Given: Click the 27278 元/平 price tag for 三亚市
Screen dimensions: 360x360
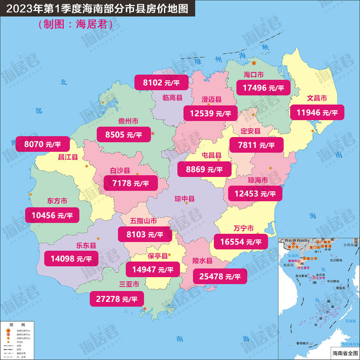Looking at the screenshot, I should tap(116, 299).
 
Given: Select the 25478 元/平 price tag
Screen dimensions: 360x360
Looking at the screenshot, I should tap(220, 276).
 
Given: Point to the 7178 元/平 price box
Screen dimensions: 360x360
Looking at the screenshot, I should tap(131, 183).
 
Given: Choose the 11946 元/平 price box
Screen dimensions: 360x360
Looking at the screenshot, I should tap(317, 113).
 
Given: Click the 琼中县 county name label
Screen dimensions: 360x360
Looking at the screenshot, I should tap(184, 199).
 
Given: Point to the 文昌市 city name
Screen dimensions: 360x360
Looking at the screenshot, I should tap(317, 98).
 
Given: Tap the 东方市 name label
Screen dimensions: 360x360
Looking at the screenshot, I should tap(57, 201).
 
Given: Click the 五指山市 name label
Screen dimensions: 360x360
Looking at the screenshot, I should tap(144, 221).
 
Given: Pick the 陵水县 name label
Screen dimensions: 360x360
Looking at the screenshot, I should tap(203, 261).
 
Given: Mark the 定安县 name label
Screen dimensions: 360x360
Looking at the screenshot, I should tap(251, 131).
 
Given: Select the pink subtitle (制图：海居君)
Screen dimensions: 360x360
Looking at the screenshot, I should tap(75, 24).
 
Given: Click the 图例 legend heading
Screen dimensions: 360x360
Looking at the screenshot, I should tap(17, 325).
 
